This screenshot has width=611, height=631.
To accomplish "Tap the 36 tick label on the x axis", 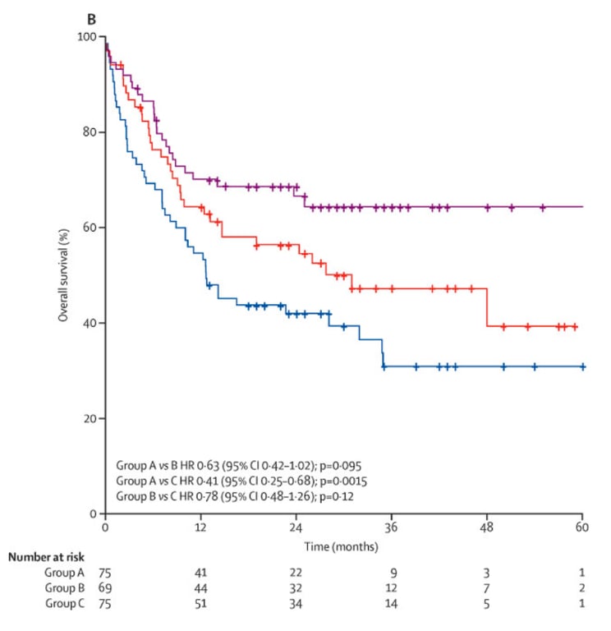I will click(x=391, y=527).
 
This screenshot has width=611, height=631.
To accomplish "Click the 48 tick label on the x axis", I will click(x=487, y=527).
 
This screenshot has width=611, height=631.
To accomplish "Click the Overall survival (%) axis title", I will click(x=63, y=274).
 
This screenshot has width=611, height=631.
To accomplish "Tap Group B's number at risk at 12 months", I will click(x=200, y=587).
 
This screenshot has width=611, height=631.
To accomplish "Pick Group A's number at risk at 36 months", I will click(x=392, y=571).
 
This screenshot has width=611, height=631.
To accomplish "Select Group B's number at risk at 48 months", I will click(x=487, y=587).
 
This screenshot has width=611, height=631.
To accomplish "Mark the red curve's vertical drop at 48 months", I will click(x=487, y=307).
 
